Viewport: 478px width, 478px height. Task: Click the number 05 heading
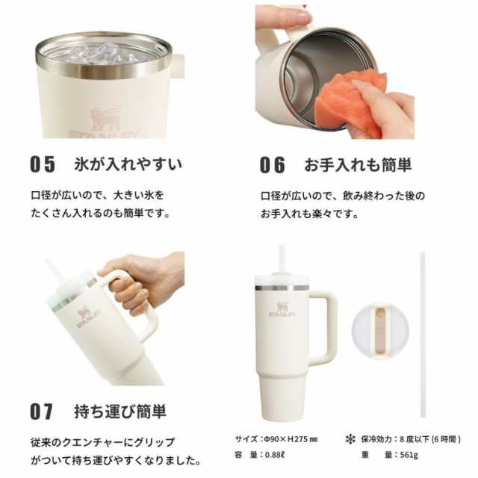pyautogui.click(x=43, y=164)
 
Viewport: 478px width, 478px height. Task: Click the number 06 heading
pyautogui.click(x=272, y=165)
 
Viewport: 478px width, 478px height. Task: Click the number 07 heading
pyautogui.click(x=42, y=412)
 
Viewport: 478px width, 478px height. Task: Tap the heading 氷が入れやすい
pyautogui.click(x=128, y=164)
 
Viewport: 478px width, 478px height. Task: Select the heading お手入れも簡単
pyautogui.click(x=358, y=164)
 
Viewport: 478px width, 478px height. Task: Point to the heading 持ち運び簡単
pyautogui.click(x=120, y=412)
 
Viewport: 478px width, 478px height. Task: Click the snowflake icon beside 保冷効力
pyautogui.click(x=350, y=439)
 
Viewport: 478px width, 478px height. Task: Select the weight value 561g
pyautogui.click(x=409, y=455)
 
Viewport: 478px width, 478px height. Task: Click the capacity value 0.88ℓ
pyautogui.click(x=274, y=455)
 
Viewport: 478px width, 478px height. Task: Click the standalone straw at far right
pyautogui.click(x=423, y=335)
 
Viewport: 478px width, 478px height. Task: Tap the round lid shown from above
pyautogui.click(x=380, y=331)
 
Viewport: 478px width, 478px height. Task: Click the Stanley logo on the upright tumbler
pyautogui.click(x=282, y=309)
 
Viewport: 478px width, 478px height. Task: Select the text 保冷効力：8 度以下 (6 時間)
pyautogui.click(x=411, y=439)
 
